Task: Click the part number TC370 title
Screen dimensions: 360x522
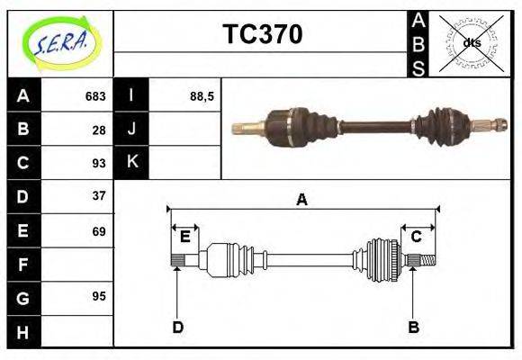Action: click(262, 34)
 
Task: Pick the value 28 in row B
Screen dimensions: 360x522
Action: click(99, 130)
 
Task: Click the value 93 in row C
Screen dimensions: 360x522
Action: click(99, 163)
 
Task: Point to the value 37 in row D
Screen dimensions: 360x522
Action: click(99, 195)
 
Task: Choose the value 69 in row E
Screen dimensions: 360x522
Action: click(99, 231)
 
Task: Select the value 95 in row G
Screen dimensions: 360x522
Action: click(99, 296)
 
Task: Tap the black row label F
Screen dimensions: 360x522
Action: click(22, 265)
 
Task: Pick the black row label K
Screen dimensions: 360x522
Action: click(131, 162)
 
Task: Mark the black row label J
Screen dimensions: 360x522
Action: click(131, 130)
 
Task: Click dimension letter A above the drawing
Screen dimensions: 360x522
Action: click(301, 200)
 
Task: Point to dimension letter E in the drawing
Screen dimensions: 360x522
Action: click(184, 238)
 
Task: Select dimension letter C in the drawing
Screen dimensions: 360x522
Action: click(417, 237)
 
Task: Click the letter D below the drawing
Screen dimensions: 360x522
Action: click(177, 327)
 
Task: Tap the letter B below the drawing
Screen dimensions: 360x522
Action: click(413, 327)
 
